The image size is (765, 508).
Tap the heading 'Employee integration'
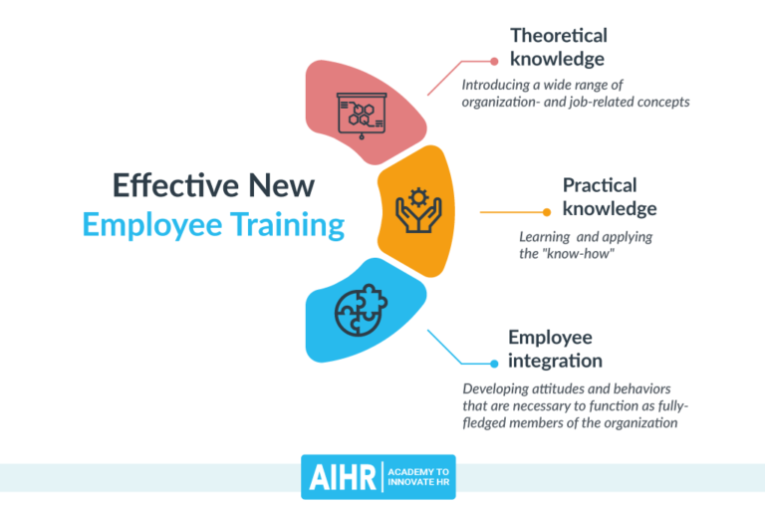[x=555, y=349]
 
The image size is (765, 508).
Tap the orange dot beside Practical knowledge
[x=546, y=211]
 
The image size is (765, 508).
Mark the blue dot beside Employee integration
[x=494, y=364]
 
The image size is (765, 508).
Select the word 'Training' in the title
[x=288, y=224]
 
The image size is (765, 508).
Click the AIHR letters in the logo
[x=340, y=477]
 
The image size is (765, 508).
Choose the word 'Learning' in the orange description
[x=544, y=238]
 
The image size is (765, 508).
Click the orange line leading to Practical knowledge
[x=511, y=212]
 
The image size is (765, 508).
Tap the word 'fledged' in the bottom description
[x=489, y=422]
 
